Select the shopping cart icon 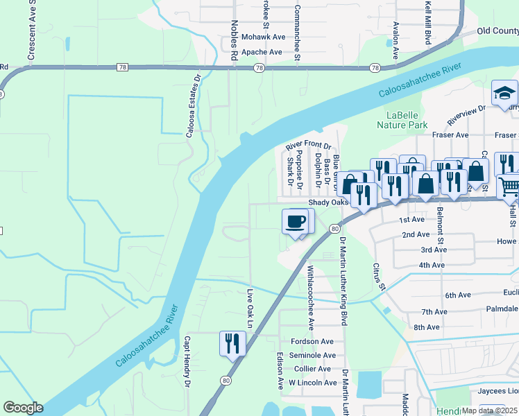coord(509,184)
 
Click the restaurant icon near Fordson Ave coord(232,343)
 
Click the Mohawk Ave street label coord(263,37)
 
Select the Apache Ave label coord(262,52)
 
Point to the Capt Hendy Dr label coord(187,361)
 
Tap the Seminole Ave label coord(312,355)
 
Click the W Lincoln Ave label coord(312,383)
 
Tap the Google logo coord(23,408)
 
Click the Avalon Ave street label coord(395,40)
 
